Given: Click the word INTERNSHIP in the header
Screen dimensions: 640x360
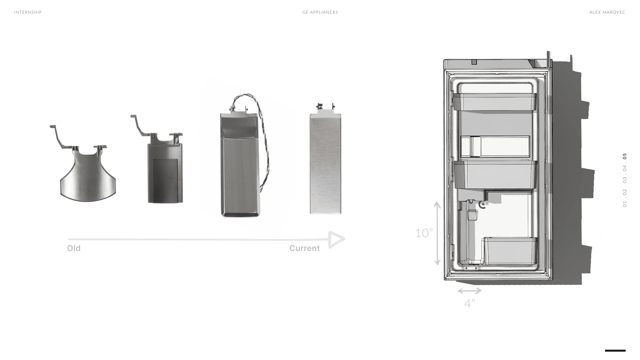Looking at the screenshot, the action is tap(28, 12).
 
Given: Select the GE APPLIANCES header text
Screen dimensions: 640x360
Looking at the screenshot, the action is tap(320, 12).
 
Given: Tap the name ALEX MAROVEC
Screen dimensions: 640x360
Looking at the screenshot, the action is tap(607, 12).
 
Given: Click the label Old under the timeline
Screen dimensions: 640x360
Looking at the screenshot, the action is tap(74, 248).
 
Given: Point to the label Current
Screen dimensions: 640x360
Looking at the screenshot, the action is tap(304, 248).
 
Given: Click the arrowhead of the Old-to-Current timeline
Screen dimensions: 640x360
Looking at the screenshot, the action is tap(336, 239).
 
